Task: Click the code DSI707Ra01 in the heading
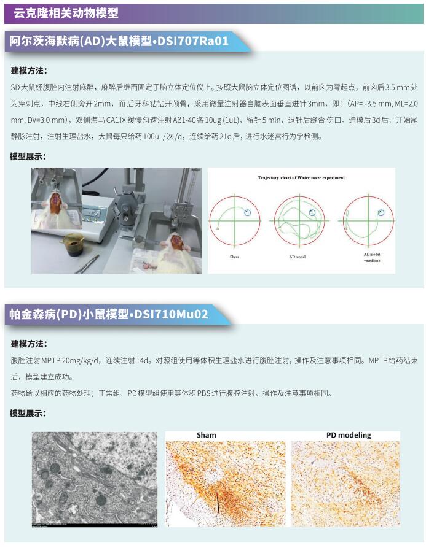tap(194, 42)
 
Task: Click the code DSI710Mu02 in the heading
tap(173, 315)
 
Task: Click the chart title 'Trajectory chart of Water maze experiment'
tap(301, 177)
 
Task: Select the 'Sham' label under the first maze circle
tap(234, 256)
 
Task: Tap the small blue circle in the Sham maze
tap(248, 212)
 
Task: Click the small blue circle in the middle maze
tap(312, 212)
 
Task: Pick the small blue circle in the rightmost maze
tap(381, 212)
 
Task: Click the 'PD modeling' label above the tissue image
tap(349, 435)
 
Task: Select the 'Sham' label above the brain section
tap(206, 435)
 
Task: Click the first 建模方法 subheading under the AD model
tap(29, 70)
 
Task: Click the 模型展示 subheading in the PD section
tap(28, 414)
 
